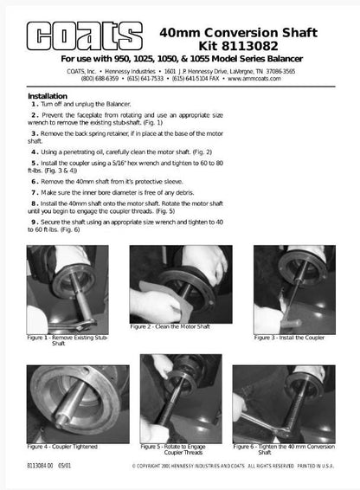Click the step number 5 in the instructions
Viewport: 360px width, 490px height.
coord(35,162)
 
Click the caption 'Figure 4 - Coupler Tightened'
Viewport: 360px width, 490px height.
coord(61,446)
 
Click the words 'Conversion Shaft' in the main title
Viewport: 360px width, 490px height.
coord(261,30)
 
